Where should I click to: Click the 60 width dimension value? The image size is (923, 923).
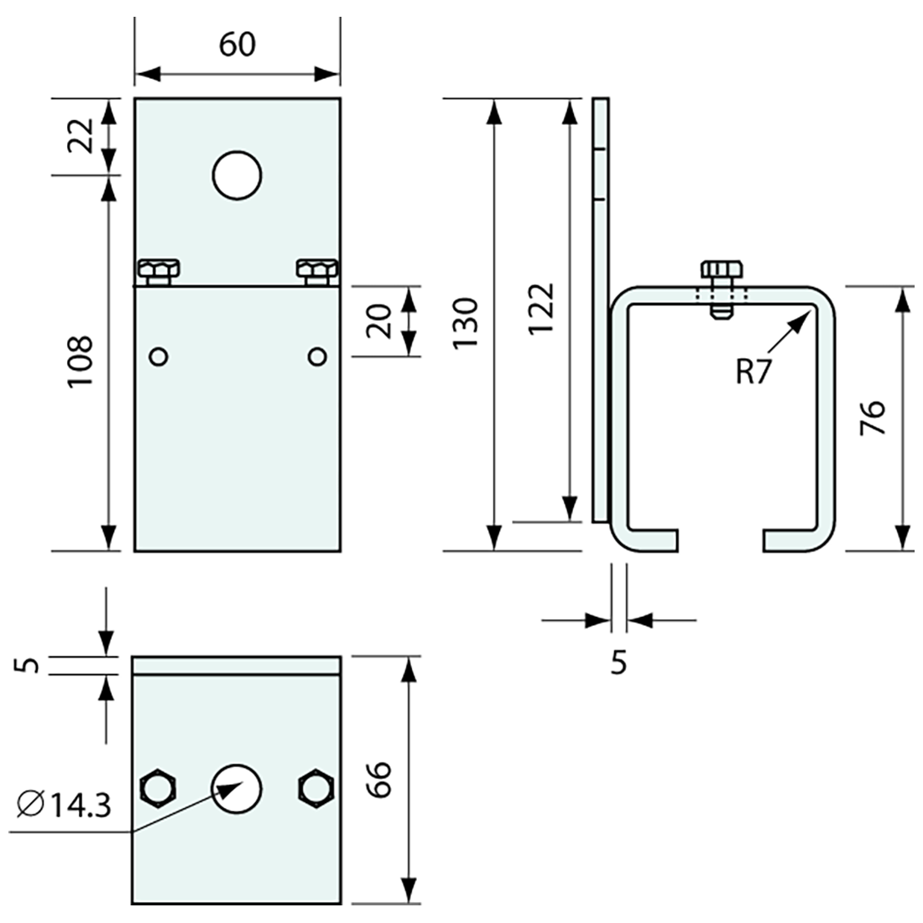tap(237, 44)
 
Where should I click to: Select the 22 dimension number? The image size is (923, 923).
tap(81, 133)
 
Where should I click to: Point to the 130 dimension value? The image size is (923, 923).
tap(466, 324)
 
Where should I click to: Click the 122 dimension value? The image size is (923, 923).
tap(541, 309)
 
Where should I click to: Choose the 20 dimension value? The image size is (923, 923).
tap(380, 321)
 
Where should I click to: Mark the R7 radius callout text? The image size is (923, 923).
tap(753, 371)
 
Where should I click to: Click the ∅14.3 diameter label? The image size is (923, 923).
tap(63, 806)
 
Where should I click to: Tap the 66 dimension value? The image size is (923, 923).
tap(379, 781)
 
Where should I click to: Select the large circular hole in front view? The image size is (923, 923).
tap(237, 175)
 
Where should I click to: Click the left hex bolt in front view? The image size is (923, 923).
tap(158, 271)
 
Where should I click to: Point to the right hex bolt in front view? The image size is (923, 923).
tap(317, 271)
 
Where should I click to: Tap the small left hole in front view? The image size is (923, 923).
tap(158, 357)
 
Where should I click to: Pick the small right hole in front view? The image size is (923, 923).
tap(316, 357)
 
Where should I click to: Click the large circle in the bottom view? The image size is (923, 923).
tap(237, 789)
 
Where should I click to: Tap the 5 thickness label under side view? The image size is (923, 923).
tap(618, 663)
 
